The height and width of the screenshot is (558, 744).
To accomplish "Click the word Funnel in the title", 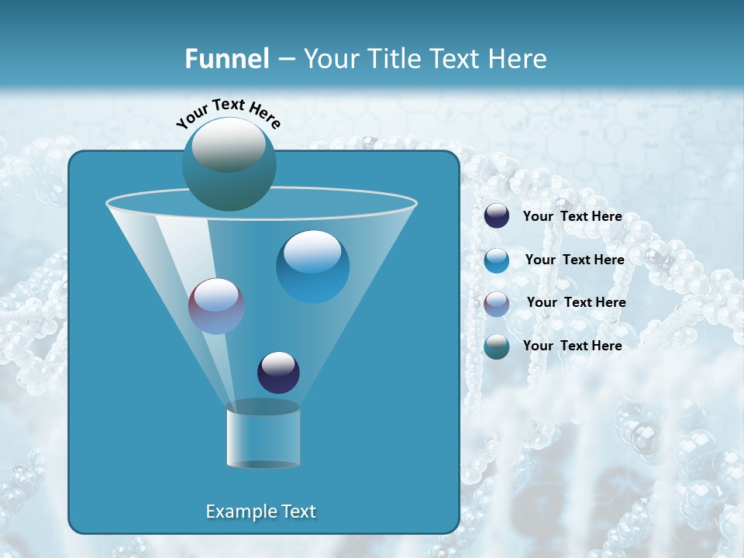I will point(226,59).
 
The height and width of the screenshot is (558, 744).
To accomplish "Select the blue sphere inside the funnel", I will point(312,267).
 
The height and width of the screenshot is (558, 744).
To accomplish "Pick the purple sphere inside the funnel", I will point(217,306).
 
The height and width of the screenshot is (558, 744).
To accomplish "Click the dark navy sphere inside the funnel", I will point(278,372).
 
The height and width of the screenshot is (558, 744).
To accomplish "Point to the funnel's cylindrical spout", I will point(263,436).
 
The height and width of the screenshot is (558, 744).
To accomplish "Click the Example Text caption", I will point(261,511).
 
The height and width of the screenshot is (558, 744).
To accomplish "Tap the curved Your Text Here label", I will point(228,113).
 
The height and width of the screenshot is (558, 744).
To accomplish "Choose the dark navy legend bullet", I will point(497,216).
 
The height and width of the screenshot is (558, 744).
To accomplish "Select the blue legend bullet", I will point(497,260).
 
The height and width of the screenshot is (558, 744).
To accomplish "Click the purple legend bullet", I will point(497,304).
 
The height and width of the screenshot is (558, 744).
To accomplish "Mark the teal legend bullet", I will point(497,346).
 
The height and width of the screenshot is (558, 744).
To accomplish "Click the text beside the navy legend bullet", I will point(572,217).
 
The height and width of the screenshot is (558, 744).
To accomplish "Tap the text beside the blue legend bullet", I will point(574,260).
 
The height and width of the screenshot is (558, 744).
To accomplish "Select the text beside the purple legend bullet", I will point(576,302).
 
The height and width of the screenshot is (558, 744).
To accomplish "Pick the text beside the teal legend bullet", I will point(572,346).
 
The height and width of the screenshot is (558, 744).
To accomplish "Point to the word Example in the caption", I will point(239,511).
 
